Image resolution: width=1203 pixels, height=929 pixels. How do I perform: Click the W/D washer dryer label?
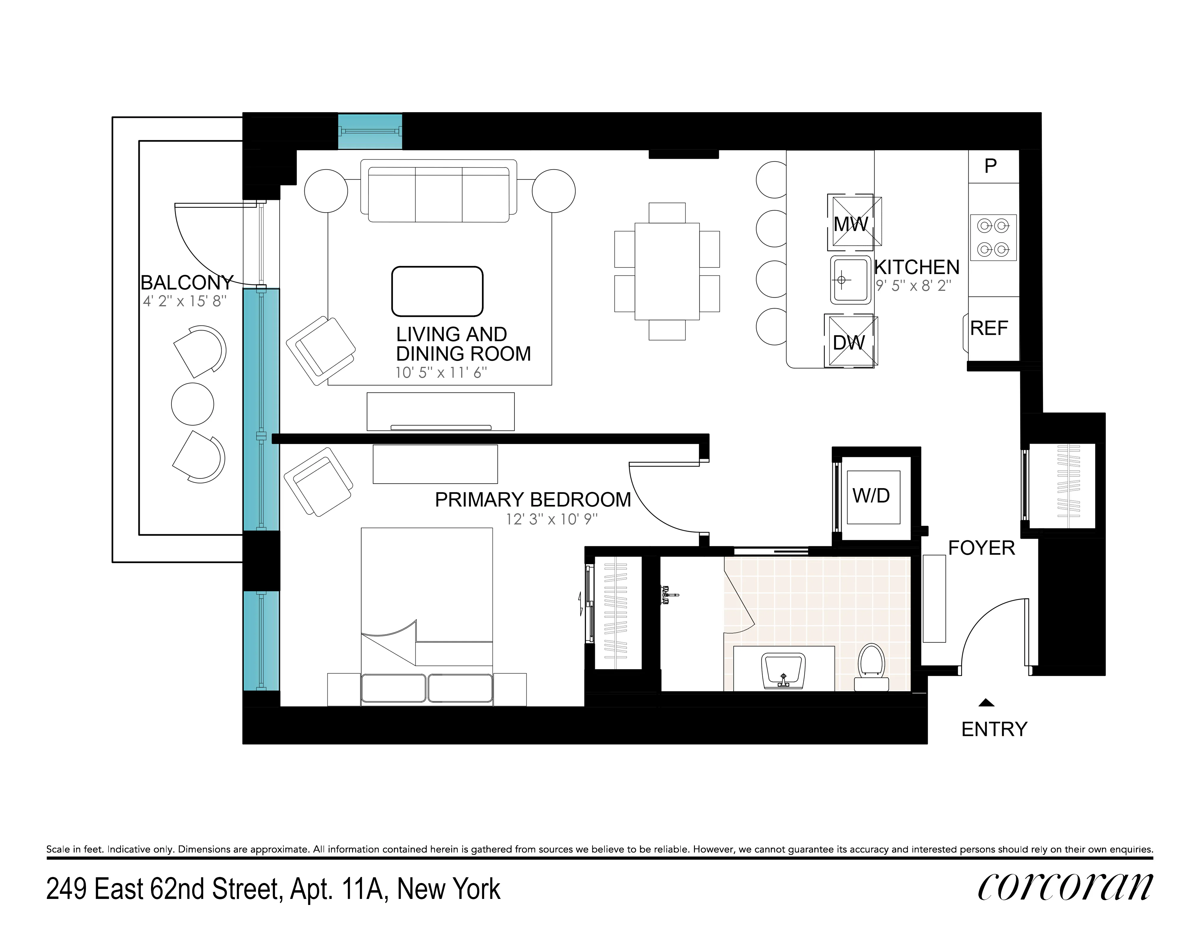click(x=871, y=496)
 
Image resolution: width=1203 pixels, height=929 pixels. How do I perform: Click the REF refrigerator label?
click(x=989, y=328)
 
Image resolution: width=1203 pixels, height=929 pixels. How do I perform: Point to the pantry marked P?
click(x=990, y=166)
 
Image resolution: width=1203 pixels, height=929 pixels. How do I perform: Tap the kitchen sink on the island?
click(x=850, y=280)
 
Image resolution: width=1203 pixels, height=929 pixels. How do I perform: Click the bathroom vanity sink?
click(x=783, y=670)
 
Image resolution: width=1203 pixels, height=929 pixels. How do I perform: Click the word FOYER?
click(x=981, y=548)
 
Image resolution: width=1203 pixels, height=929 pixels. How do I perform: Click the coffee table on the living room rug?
click(x=437, y=291)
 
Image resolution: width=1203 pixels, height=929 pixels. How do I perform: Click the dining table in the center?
click(x=667, y=271)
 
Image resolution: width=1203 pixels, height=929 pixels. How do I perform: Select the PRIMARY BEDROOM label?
click(x=533, y=500)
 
